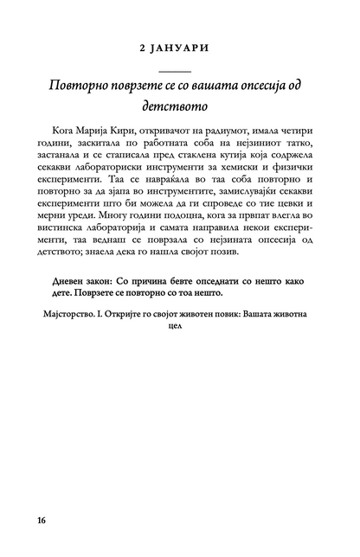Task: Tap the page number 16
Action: tap(42, 521)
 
